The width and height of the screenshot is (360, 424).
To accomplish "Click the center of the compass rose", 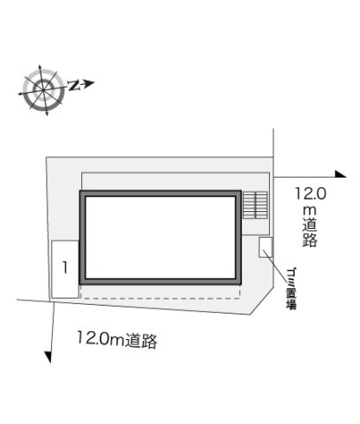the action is point(43,89).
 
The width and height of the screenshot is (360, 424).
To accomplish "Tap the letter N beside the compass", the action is point(73,85).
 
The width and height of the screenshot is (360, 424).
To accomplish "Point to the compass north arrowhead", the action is point(89,83).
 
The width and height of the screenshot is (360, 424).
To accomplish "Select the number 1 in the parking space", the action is point(65,268).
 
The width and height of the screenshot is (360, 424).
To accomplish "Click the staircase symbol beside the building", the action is point(255,205).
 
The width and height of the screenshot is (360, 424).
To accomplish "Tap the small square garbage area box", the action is point(266,247).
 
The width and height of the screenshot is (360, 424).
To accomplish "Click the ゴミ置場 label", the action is point(291,289).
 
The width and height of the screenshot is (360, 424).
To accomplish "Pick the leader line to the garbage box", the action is point(274,264).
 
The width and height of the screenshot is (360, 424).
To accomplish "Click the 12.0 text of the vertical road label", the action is point(311,193).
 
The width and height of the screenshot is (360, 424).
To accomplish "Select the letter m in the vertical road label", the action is point(310,210).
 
